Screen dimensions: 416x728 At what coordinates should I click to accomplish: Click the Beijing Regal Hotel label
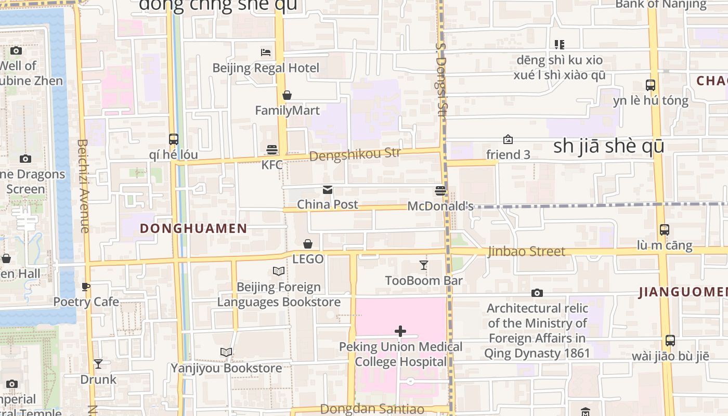click(x=266, y=68)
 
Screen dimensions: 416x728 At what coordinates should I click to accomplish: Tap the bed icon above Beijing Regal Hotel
click(x=266, y=52)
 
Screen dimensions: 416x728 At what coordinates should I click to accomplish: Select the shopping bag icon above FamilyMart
click(x=287, y=95)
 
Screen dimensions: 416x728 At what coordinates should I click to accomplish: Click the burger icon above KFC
click(x=272, y=150)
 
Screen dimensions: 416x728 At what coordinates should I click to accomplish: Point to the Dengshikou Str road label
click(x=355, y=154)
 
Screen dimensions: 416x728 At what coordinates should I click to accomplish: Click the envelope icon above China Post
click(x=328, y=190)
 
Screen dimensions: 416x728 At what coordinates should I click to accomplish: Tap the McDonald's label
click(x=440, y=206)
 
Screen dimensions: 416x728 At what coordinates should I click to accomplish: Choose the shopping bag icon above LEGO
click(x=308, y=243)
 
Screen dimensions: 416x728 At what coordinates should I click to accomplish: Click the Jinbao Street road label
click(x=526, y=252)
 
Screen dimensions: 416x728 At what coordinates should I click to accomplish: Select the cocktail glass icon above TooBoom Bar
click(x=424, y=265)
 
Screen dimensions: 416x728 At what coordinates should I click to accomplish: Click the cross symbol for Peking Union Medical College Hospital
click(x=400, y=331)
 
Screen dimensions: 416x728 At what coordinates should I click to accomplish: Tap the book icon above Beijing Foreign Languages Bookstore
click(x=279, y=271)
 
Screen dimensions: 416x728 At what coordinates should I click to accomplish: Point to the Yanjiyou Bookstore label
click(x=227, y=368)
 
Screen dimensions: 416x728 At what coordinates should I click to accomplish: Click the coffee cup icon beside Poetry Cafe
click(x=86, y=287)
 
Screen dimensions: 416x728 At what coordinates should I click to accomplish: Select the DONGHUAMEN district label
click(x=193, y=228)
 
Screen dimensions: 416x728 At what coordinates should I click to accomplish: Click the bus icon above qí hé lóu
click(x=174, y=139)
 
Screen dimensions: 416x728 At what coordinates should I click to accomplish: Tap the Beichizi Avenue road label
click(x=84, y=186)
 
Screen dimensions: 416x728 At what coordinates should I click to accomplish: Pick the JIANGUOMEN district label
click(x=683, y=292)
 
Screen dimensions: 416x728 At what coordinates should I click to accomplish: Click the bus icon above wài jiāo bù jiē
click(x=670, y=341)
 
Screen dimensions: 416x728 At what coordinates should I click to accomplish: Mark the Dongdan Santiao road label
click(x=372, y=409)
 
